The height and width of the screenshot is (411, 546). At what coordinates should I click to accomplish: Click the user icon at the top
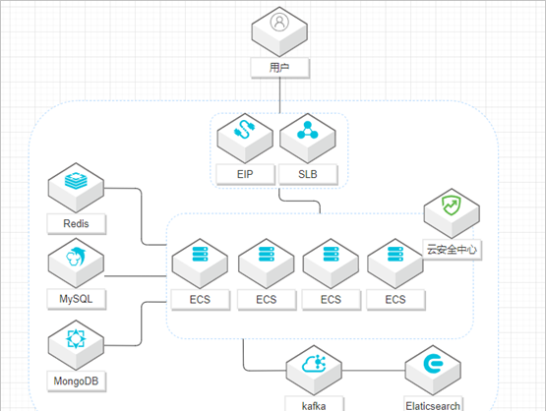(279, 23)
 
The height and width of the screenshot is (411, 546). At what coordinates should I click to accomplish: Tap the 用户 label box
(280, 68)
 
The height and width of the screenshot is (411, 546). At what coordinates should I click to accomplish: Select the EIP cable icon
(245, 130)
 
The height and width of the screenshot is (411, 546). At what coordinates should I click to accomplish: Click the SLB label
(308, 174)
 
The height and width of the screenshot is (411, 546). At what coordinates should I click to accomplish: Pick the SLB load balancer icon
(308, 130)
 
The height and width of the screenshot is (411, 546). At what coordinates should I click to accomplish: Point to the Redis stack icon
(76, 181)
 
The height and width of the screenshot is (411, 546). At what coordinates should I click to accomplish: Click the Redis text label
(77, 223)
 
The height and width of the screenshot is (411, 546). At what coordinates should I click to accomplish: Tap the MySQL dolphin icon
(76, 256)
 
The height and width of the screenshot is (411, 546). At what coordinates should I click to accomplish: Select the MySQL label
(77, 299)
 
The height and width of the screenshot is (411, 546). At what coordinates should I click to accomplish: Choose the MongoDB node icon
(76, 338)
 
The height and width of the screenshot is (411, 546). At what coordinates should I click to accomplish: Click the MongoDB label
(77, 382)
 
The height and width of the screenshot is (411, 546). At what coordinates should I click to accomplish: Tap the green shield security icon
(452, 205)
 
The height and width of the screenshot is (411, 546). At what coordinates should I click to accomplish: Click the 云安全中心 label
(452, 249)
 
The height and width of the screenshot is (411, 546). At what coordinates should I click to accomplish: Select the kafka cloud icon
(314, 364)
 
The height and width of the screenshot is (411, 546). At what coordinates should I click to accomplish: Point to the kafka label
(314, 405)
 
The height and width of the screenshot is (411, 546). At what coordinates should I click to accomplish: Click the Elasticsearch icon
(433, 364)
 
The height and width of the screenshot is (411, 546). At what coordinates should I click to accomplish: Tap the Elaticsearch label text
(433, 406)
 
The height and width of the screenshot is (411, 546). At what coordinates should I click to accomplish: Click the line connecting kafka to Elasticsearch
(373, 371)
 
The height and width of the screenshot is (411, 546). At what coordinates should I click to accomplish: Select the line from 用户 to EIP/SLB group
(279, 95)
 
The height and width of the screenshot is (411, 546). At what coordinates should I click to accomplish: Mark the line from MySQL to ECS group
(136, 276)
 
